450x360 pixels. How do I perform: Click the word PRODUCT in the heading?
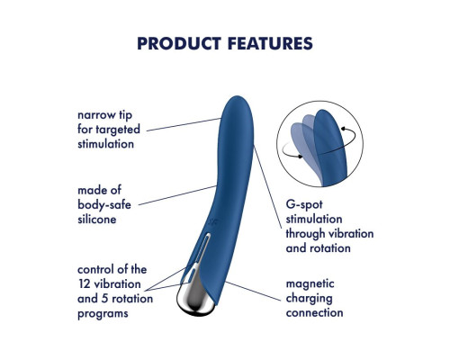179,43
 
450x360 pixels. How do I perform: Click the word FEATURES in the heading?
270,43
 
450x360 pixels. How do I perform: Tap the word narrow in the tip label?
96,115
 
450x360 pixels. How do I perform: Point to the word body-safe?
104,205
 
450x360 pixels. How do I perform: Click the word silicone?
96,220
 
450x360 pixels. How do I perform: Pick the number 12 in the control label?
85,284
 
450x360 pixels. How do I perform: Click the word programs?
103,314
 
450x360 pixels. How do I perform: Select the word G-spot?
304,205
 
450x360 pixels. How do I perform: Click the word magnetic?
310,284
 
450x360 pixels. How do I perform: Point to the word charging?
309,299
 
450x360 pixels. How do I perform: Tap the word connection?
314,313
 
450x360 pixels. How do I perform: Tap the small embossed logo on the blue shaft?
213,222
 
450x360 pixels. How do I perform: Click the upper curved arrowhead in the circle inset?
344,129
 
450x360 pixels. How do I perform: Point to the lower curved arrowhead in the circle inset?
300,157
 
